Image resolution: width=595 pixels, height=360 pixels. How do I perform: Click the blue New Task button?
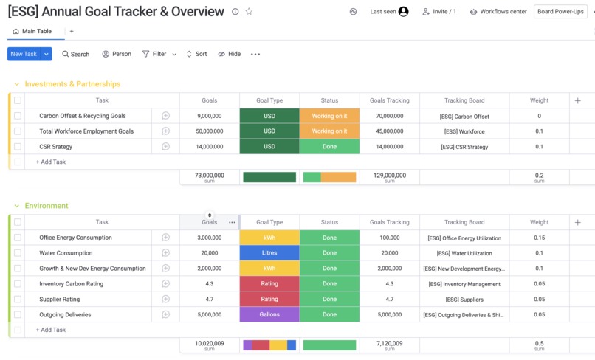[24, 54]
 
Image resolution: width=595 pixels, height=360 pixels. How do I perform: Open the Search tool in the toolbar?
[75, 54]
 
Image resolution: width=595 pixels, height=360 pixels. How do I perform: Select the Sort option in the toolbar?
[196, 54]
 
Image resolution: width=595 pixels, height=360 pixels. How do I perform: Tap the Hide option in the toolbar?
[230, 54]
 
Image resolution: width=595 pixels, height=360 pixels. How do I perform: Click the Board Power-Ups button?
[561, 12]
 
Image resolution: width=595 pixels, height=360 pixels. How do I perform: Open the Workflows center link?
[498, 12]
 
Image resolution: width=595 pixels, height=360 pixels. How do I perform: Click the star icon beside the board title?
[249, 12]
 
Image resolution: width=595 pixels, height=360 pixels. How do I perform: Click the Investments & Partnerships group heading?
[72, 84]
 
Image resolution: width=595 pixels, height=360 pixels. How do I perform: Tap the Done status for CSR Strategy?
[329, 147]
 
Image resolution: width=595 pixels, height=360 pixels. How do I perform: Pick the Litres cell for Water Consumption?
[269, 253]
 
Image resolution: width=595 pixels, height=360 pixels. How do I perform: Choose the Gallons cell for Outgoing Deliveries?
[269, 314]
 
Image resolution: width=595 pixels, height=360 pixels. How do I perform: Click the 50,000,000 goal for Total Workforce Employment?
[210, 131]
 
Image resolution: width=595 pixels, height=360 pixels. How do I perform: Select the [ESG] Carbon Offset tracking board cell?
[464, 117]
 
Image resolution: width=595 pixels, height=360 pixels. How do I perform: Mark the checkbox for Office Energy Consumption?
[18, 238]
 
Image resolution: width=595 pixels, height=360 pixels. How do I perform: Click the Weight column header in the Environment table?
[539, 222]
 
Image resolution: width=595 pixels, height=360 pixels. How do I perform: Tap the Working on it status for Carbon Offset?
[329, 116]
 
